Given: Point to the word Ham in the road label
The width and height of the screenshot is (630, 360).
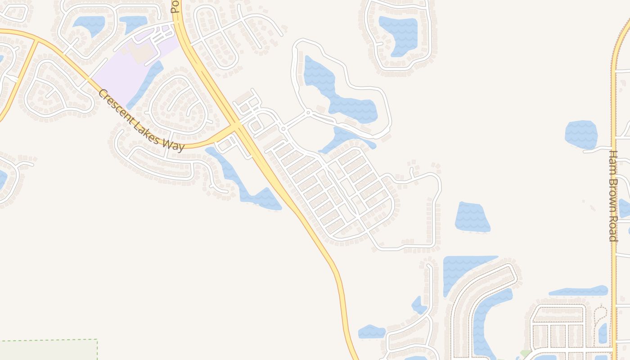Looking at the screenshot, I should (x=613, y=161).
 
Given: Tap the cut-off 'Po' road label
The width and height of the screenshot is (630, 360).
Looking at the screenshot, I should (x=175, y=6).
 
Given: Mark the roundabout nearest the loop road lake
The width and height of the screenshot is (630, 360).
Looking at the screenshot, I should (x=308, y=112).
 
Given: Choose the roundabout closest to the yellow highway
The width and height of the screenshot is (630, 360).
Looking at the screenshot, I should (x=283, y=129).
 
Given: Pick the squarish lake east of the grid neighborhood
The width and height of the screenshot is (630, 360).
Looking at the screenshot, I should (x=472, y=217).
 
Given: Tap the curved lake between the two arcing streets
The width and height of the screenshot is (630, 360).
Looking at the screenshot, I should (x=488, y=315).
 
